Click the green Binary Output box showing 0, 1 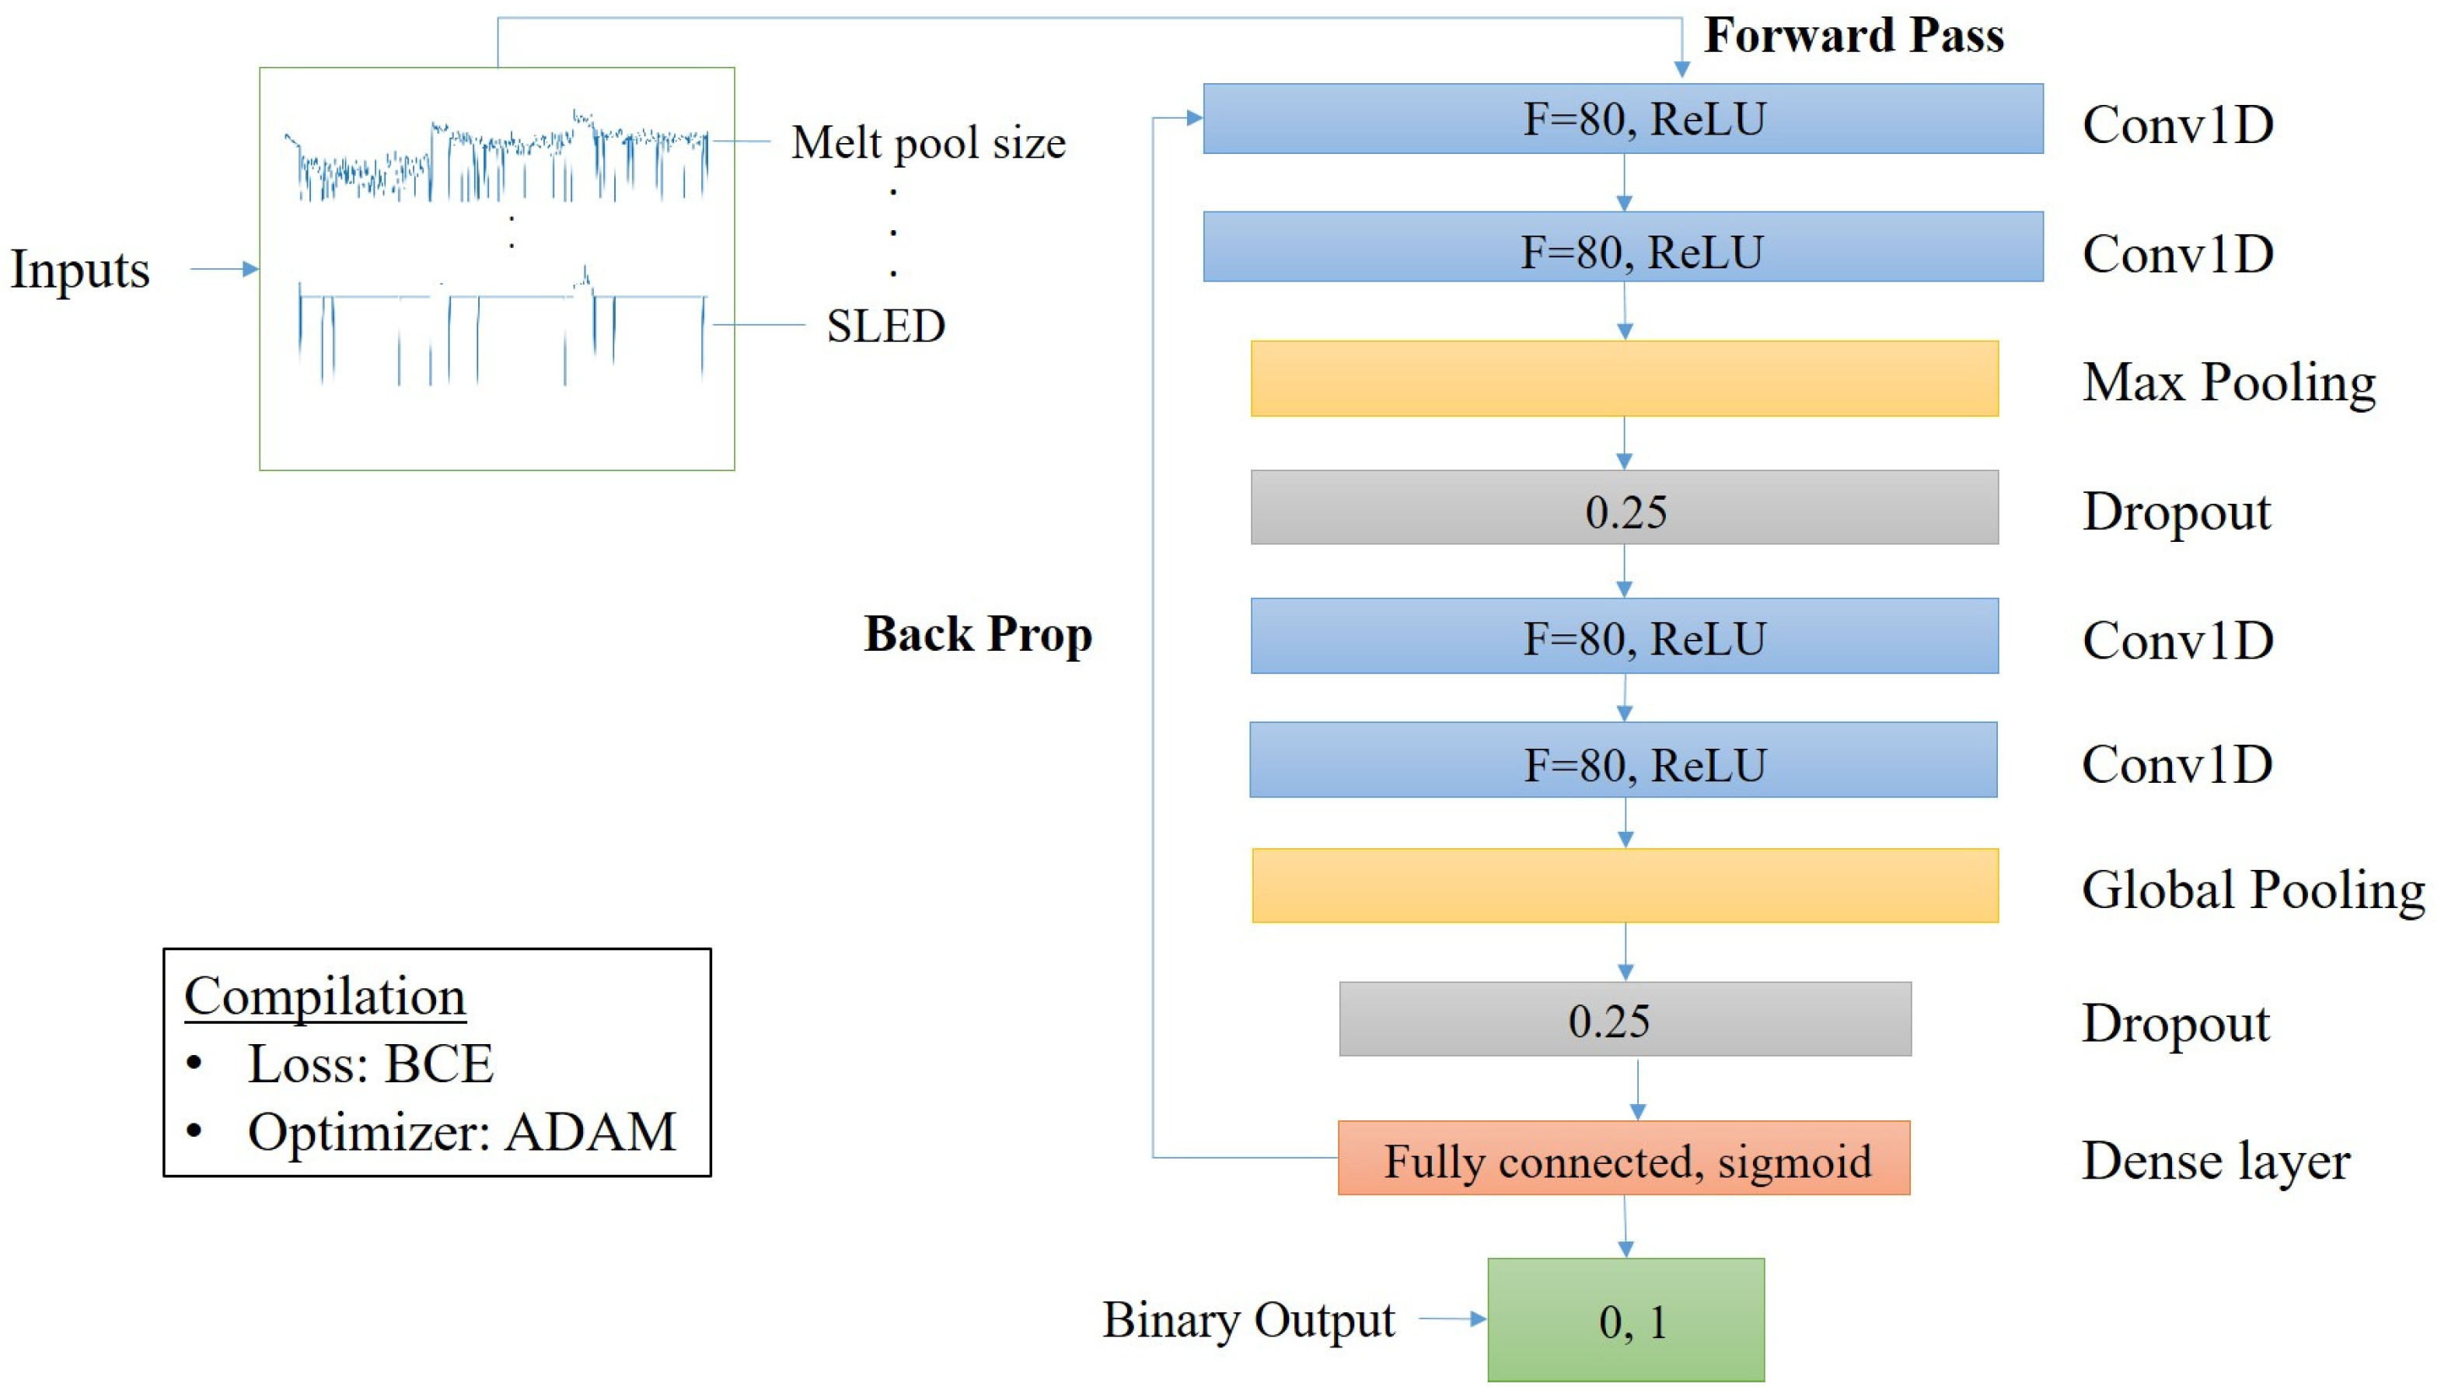pos(1625,1319)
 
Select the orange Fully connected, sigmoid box pos(1623,1158)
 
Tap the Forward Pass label pos(1853,37)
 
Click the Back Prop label pos(977,634)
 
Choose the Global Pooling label pos(2252,889)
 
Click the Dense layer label pos(2215,1162)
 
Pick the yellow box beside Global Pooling pos(1625,886)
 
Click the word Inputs pos(80,269)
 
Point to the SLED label pos(885,327)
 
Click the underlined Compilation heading pos(324,997)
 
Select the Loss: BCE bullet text pos(369,1064)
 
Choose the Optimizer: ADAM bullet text pos(462,1132)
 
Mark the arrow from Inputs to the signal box pos(224,269)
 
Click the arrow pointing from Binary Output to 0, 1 pos(1451,1319)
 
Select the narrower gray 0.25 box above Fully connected pos(1625,1018)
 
